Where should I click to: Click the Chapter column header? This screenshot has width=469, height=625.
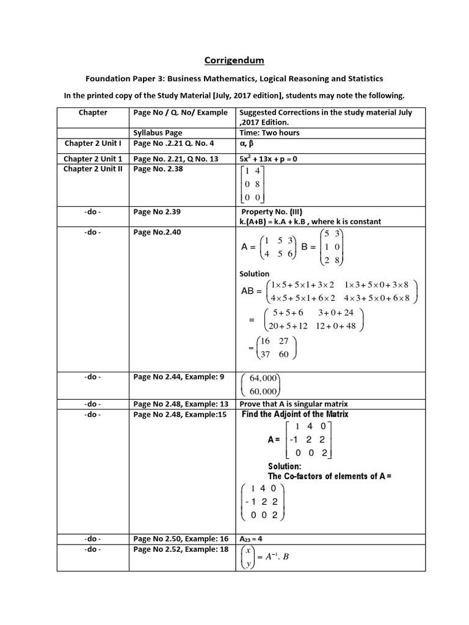click(93, 112)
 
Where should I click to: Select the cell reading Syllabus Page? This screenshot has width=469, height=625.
click(158, 132)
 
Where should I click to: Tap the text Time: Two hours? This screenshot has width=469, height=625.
click(269, 132)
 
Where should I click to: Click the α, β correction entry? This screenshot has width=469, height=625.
click(247, 143)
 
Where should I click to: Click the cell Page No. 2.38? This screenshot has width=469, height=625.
click(158, 169)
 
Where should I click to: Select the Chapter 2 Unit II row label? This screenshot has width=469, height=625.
click(93, 169)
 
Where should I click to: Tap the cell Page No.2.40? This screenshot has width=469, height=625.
click(157, 232)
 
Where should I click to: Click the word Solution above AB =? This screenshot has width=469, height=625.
click(254, 274)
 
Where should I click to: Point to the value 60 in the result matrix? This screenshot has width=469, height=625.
click(284, 354)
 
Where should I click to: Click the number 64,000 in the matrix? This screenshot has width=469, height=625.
click(264, 379)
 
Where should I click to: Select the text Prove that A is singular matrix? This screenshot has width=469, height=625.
click(294, 404)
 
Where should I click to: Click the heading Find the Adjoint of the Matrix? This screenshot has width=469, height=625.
click(304, 414)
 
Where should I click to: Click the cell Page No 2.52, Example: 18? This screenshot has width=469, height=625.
click(181, 549)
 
